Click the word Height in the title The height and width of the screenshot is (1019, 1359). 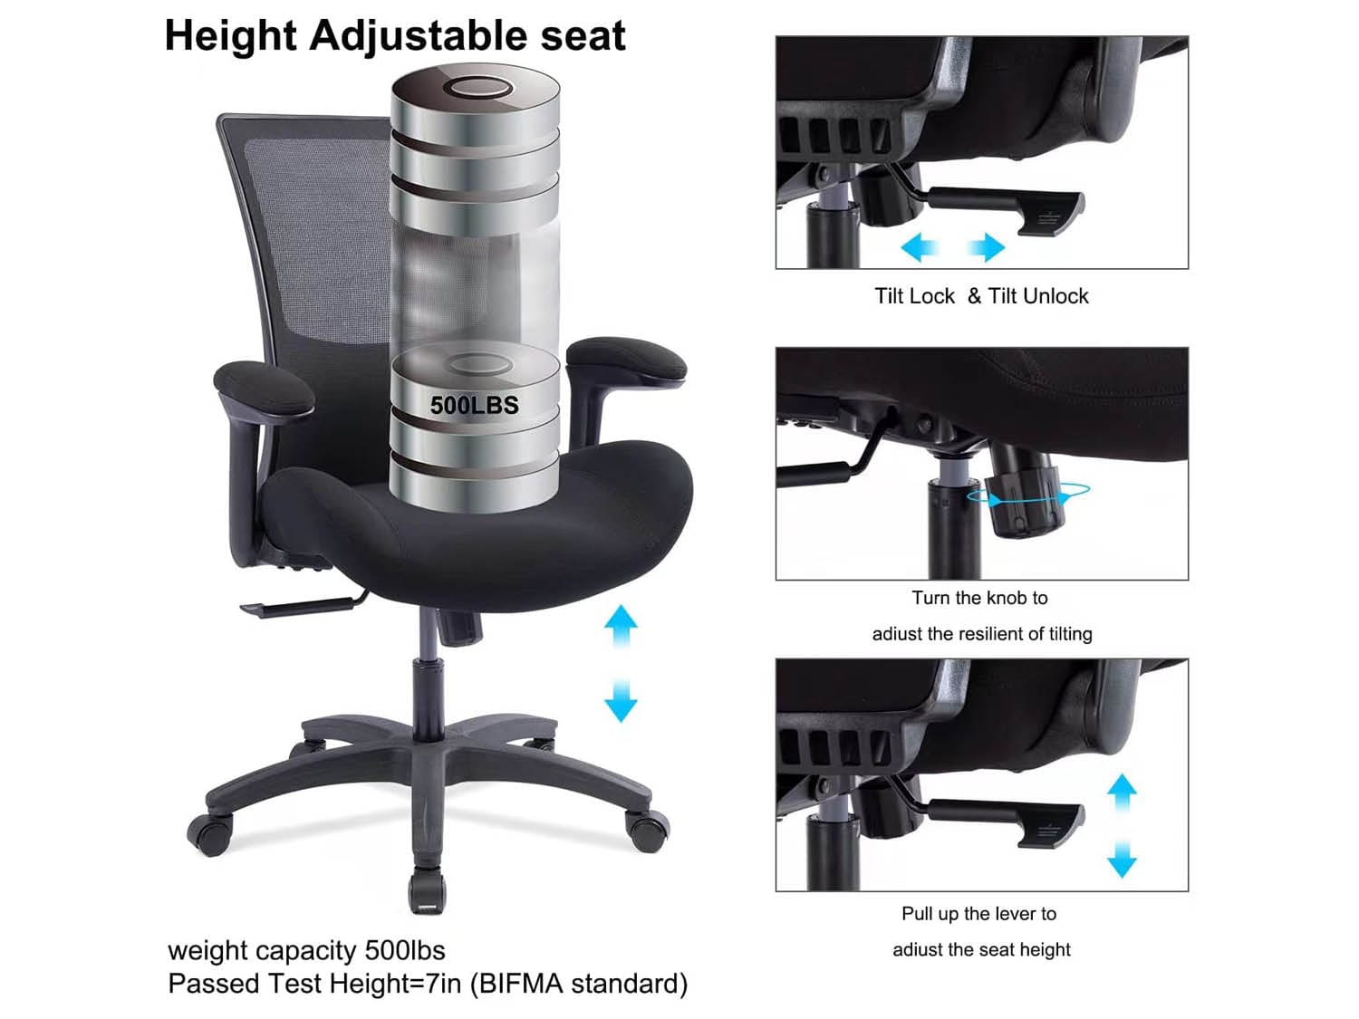tap(230, 37)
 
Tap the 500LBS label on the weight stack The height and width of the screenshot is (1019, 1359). tap(474, 405)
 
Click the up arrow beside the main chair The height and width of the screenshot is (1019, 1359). tap(621, 626)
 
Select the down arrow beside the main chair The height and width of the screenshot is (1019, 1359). tap(621, 700)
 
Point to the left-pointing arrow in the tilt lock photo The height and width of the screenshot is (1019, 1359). tap(920, 247)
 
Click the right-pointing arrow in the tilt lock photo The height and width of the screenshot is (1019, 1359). tap(987, 247)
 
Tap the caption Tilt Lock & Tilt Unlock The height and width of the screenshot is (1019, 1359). tap(981, 296)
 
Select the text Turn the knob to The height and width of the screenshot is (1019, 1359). tap(979, 598)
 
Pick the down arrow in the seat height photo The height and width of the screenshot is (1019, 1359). tap(1122, 859)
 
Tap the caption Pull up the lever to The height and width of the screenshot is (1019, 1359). tap(978, 914)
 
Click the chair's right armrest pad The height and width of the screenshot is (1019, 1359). tap(626, 361)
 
